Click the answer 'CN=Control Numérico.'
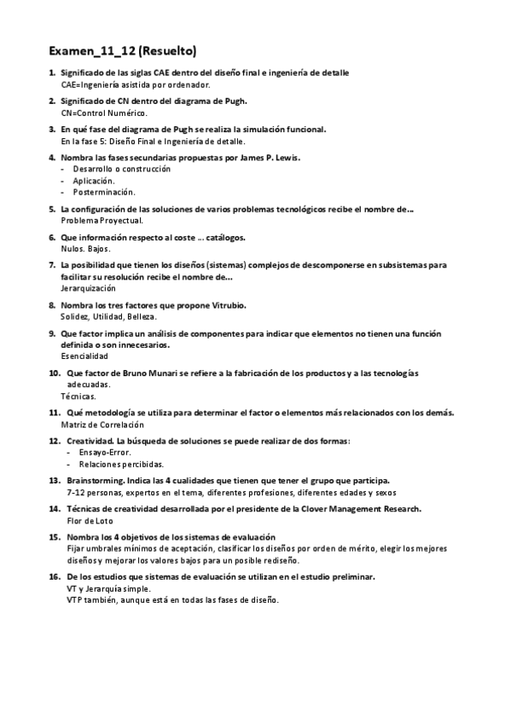point(105,113)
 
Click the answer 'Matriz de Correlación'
point(103,425)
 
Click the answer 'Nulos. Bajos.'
point(85,248)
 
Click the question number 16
point(54,577)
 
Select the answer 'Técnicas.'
point(78,396)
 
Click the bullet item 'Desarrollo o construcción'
point(121,169)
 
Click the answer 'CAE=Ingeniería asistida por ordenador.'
point(136,85)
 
